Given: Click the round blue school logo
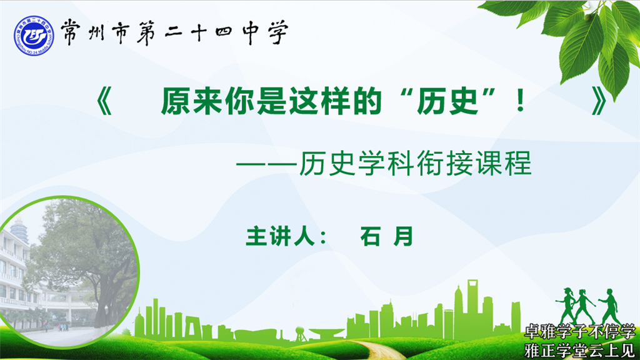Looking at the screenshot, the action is [x=34, y=36].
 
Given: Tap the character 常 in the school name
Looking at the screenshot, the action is [x=71, y=32].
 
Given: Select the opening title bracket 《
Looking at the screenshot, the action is [x=104, y=101].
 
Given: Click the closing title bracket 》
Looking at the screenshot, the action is [x=599, y=101].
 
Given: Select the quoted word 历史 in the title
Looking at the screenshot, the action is [x=447, y=101].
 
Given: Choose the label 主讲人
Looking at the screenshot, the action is [x=280, y=236].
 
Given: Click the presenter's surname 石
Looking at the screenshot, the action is [x=370, y=236].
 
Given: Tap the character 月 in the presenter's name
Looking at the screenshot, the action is [x=404, y=236].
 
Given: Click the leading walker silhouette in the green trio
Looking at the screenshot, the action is [x=609, y=306].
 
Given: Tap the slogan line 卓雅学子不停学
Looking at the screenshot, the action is [x=579, y=332].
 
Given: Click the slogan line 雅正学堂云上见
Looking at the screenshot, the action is [x=579, y=350].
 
